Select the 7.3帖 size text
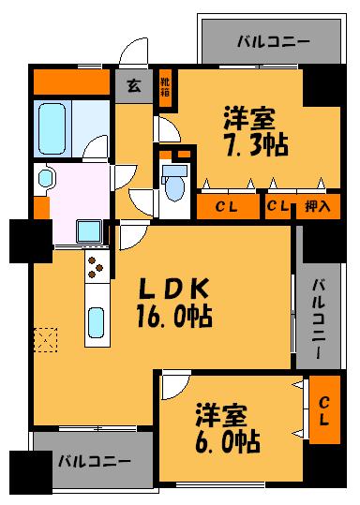click(254, 145)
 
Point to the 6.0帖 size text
click(228, 438)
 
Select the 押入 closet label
click(317, 207)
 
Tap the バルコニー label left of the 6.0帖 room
click(88, 461)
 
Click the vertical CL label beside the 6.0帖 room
click(323, 409)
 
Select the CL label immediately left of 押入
click(277, 207)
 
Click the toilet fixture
click(173, 182)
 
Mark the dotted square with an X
click(46, 339)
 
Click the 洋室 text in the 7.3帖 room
click(248, 119)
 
